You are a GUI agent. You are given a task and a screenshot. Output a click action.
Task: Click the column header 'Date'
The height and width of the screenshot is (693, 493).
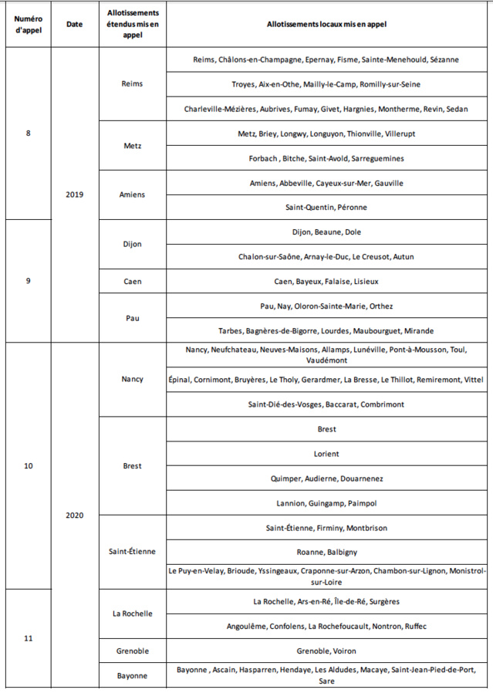pyautogui.click(x=74, y=24)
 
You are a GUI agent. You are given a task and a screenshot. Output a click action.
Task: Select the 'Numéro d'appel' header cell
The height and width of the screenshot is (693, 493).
pyautogui.click(x=29, y=24)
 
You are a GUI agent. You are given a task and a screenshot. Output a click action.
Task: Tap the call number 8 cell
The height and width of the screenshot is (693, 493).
pyautogui.click(x=29, y=134)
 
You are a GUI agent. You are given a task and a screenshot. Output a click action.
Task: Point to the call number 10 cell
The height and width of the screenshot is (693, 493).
pyautogui.click(x=29, y=465)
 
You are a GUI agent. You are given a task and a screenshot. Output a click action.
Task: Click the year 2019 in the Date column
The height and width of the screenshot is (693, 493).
pyautogui.click(x=74, y=194)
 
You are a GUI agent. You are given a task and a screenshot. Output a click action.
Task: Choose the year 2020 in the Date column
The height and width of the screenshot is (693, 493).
pyautogui.click(x=74, y=515)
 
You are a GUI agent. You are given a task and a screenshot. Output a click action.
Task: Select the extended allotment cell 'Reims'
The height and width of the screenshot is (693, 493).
pyautogui.click(x=133, y=84)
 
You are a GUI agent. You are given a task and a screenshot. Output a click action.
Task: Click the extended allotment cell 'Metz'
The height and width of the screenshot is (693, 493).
pyautogui.click(x=133, y=146)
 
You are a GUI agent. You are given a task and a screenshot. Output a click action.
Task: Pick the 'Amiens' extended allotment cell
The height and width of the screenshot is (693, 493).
pyautogui.click(x=133, y=195)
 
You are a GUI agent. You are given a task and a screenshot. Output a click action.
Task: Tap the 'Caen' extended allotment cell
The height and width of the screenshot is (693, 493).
pyautogui.click(x=133, y=282)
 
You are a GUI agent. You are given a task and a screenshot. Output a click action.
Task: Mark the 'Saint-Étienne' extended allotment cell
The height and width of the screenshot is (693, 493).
pyautogui.click(x=133, y=551)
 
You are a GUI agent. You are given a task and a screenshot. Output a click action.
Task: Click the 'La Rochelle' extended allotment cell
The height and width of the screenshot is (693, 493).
pyautogui.click(x=133, y=614)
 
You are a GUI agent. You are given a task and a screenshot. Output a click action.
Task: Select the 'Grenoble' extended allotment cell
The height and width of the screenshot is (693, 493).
pyautogui.click(x=133, y=651)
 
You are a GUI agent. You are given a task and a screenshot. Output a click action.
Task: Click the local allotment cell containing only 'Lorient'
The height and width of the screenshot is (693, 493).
pyautogui.click(x=326, y=454)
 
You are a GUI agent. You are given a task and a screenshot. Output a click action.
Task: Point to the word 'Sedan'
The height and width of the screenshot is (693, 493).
pyautogui.click(x=457, y=109)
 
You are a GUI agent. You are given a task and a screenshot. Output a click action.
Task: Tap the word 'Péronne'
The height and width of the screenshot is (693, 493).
pyautogui.click(x=352, y=208)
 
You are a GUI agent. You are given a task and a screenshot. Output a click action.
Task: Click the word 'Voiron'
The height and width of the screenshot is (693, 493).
pyautogui.click(x=344, y=651)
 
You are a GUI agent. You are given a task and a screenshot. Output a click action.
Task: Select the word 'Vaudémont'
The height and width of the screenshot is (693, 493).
pyautogui.click(x=327, y=360)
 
